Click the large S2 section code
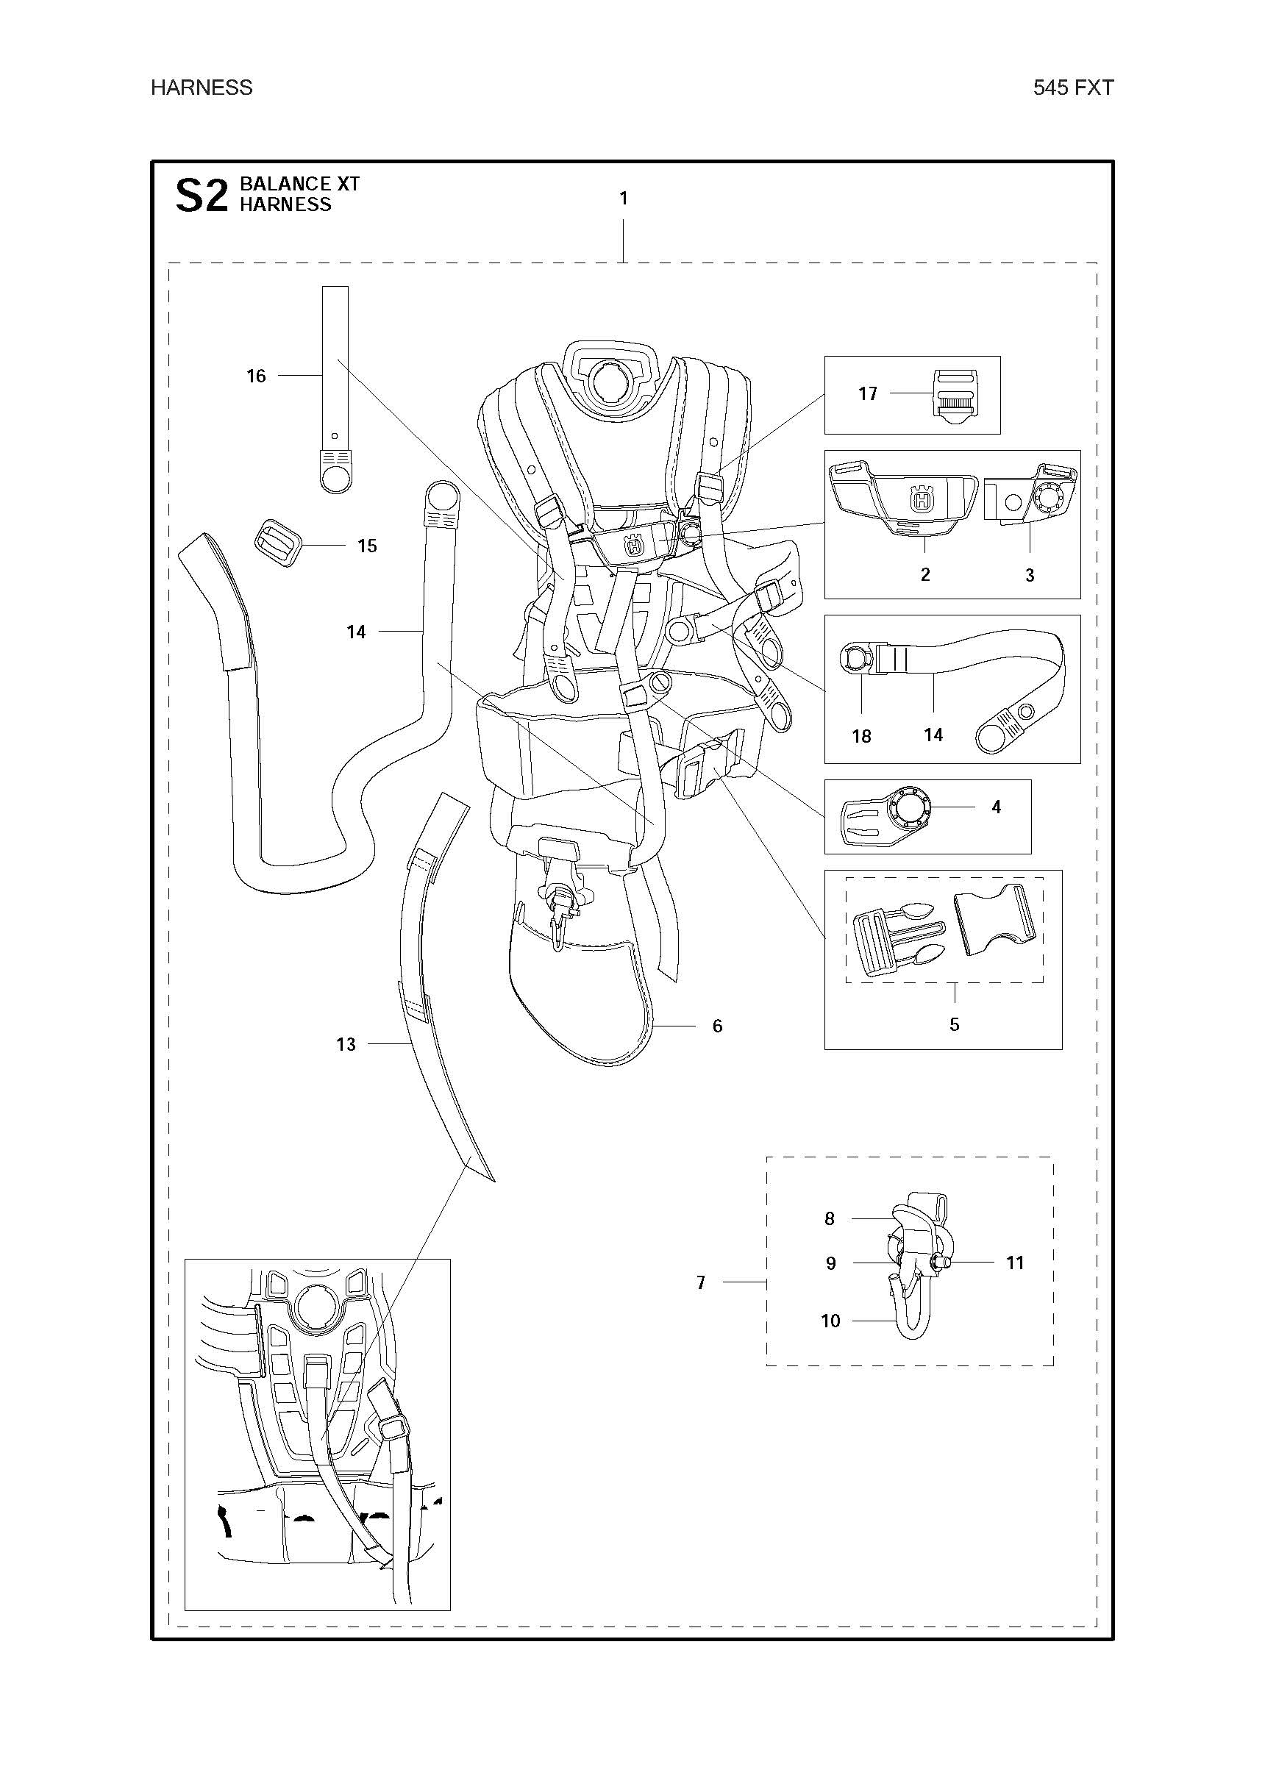[x=201, y=196]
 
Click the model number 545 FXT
[x=1072, y=88]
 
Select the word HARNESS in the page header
[x=201, y=88]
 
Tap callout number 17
[x=868, y=394]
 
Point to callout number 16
[x=256, y=376]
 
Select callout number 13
[x=345, y=1044]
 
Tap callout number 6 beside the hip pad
[x=717, y=1026]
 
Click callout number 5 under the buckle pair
[x=954, y=1024]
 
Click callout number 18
[x=860, y=735]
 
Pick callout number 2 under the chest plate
[x=924, y=575]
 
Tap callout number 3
[x=1029, y=576]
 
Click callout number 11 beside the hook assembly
[x=1014, y=1263]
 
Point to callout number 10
[x=830, y=1321]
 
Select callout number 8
[x=830, y=1218]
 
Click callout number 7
[x=700, y=1282]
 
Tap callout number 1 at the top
[x=623, y=199]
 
